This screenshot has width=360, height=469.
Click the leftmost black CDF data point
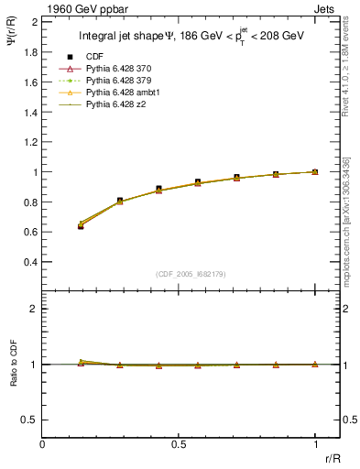tap(81, 225)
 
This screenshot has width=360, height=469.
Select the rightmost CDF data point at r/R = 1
tap(315, 171)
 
